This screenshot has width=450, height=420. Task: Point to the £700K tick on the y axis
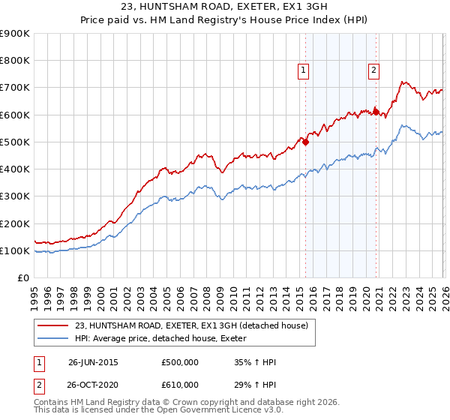click(x=14, y=88)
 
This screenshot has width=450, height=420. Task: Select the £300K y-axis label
click(x=14, y=196)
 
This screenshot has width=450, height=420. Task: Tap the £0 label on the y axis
click(x=22, y=278)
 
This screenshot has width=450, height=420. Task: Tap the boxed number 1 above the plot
click(x=304, y=71)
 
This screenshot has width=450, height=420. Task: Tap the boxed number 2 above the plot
click(x=373, y=71)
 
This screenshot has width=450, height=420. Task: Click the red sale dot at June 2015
click(x=306, y=142)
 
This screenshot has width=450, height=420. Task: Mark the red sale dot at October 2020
click(x=376, y=112)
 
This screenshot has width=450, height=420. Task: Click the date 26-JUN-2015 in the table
click(x=93, y=362)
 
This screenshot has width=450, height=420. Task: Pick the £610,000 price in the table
click(x=179, y=384)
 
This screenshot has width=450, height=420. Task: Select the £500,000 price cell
click(x=179, y=362)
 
